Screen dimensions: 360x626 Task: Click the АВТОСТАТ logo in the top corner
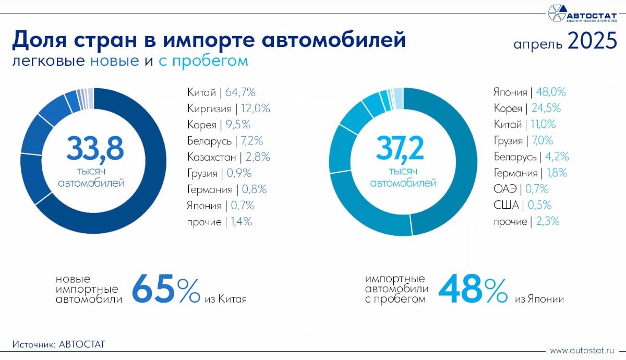pos(581,13)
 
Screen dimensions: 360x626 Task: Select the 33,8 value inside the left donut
pos(94,148)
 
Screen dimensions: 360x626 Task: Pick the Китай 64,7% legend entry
pos(221,92)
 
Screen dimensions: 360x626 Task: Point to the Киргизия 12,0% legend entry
pos(228,109)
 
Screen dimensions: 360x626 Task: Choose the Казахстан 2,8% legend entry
pos(228,157)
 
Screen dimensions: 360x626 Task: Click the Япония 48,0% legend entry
pos(529,92)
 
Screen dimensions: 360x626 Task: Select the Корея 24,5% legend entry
pos(527,109)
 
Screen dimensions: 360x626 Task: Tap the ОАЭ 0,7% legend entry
pos(521,189)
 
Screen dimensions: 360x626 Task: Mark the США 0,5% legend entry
pos(522,205)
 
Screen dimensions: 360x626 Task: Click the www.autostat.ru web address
pos(583,350)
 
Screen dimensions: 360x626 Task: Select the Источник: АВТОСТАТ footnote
pos(58,344)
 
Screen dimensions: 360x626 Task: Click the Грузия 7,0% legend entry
pos(523,141)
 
